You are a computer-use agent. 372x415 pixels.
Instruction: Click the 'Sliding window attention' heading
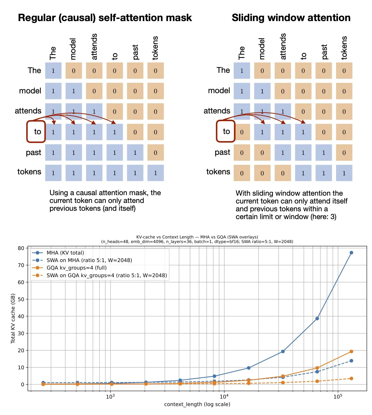tap(291, 18)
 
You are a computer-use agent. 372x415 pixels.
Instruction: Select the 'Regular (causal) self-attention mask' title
tap(105, 18)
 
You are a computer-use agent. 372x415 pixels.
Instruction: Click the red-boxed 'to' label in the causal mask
tap(36, 132)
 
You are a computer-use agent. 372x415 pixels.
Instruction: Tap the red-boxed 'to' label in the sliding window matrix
tap(226, 131)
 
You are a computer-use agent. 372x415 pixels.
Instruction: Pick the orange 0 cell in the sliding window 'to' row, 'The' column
tap(242, 132)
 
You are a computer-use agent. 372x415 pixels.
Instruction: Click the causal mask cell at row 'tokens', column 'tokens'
tap(155, 173)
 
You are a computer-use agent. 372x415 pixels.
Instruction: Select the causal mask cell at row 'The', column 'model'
tap(74, 71)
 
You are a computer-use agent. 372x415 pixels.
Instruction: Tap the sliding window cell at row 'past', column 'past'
tap(323, 152)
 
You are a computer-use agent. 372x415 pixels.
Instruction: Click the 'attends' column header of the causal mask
tap(94, 47)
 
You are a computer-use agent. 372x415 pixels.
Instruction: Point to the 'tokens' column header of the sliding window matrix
tap(344, 48)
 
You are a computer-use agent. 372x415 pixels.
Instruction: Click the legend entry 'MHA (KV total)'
tap(65, 253)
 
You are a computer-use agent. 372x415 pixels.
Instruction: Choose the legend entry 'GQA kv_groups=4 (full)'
tap(76, 268)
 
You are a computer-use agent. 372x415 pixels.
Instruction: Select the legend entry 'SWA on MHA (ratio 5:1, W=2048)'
tap(89, 260)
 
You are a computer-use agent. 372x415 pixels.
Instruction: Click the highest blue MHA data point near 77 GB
tap(351, 253)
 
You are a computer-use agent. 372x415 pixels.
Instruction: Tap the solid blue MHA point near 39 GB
tap(317, 318)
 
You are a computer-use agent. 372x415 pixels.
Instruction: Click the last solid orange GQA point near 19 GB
tap(351, 352)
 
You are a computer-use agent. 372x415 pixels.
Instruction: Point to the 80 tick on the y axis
tap(21, 248)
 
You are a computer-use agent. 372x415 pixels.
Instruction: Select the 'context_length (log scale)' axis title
tap(197, 404)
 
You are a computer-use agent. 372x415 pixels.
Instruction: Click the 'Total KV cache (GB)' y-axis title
tap(13, 318)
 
